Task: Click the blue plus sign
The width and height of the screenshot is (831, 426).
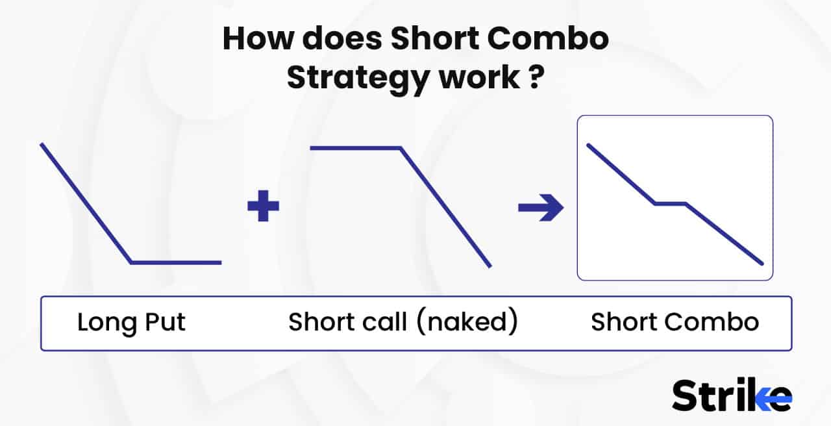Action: pos(264,207)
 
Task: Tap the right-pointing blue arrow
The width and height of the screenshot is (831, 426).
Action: pos(541,208)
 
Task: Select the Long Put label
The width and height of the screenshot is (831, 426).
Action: pos(131,323)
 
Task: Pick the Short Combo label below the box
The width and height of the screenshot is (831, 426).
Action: pos(675,323)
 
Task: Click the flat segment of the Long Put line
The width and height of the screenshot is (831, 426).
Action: pos(176,263)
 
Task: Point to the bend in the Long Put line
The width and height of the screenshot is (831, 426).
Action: pos(132,263)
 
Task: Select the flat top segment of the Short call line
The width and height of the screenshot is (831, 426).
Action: pos(355,148)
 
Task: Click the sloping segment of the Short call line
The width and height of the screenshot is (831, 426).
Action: pos(445,207)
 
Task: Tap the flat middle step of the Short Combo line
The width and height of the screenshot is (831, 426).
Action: pos(671,204)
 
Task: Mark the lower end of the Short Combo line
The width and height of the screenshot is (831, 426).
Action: pos(762,264)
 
